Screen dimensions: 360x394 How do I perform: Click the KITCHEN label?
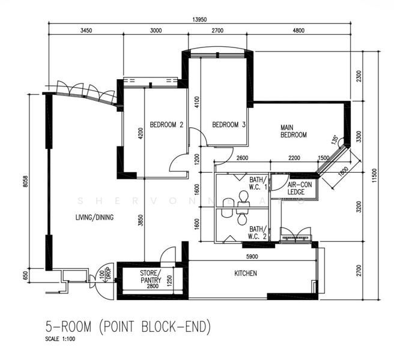click(245, 274)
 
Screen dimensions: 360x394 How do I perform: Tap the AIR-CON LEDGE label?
click(299, 188)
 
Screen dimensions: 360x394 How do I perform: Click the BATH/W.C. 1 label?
click(256, 183)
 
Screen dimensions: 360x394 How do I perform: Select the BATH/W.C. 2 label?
click(256, 232)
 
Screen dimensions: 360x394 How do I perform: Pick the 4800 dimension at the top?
click(299, 31)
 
